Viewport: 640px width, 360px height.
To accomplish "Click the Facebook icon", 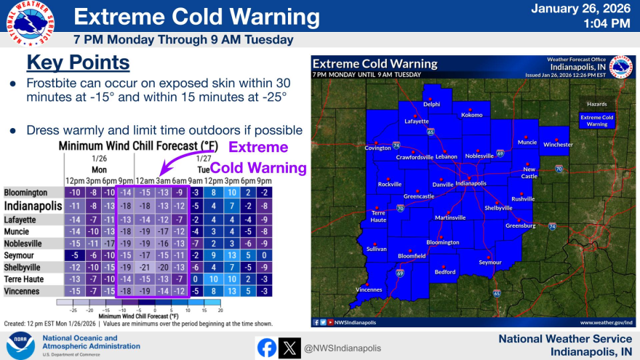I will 267,348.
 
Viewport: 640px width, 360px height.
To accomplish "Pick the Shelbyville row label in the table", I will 23,267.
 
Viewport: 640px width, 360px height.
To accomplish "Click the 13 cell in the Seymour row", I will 230,255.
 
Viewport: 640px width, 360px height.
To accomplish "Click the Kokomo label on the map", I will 472,115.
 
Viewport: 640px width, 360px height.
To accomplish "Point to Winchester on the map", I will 558,144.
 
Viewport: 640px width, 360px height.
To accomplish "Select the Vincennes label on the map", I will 369,289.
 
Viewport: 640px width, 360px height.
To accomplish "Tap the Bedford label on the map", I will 445,272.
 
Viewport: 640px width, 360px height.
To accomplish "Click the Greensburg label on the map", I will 521,225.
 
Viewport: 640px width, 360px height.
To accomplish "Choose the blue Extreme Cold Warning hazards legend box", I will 596,120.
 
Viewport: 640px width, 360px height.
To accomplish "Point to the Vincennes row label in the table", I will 22,291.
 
